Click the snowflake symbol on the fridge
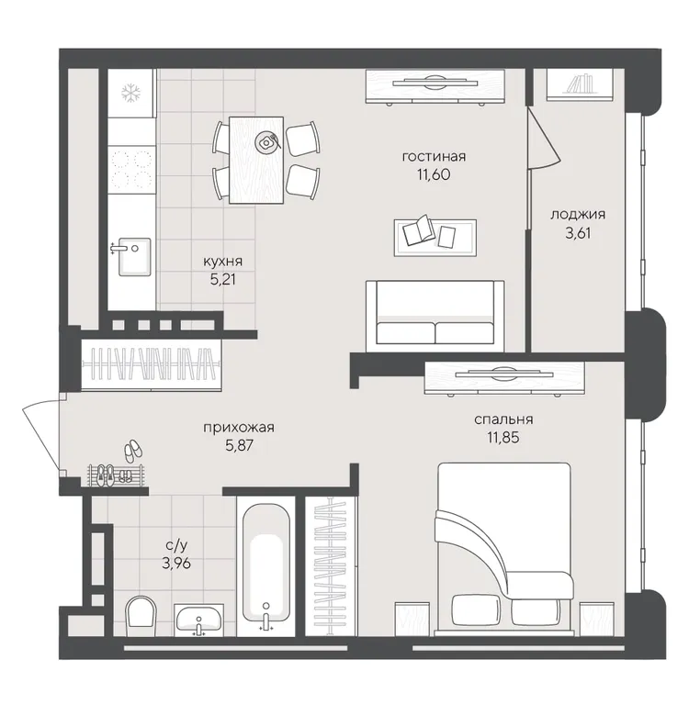pyautogui.click(x=131, y=94)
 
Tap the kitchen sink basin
pyautogui.click(x=134, y=257)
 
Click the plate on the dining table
pyautogui.click(x=265, y=142)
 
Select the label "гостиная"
pyautogui.click(x=434, y=157)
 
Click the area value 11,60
pyautogui.click(x=434, y=174)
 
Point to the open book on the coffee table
pyautogui.click(x=419, y=229)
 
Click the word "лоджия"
pyautogui.click(x=578, y=215)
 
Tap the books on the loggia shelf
pyautogui.click(x=581, y=84)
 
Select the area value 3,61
pyautogui.click(x=578, y=233)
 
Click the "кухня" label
pyautogui.click(x=223, y=262)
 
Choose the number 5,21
pyautogui.click(x=223, y=280)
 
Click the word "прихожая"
pyautogui.click(x=239, y=428)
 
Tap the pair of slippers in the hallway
pyautogui.click(x=132, y=451)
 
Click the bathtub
pyautogui.click(x=266, y=566)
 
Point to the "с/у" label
pyautogui.click(x=176, y=545)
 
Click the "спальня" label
pyautogui.click(x=503, y=419)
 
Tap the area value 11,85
pyautogui.click(x=503, y=437)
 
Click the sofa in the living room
pyautogui.click(x=435, y=316)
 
